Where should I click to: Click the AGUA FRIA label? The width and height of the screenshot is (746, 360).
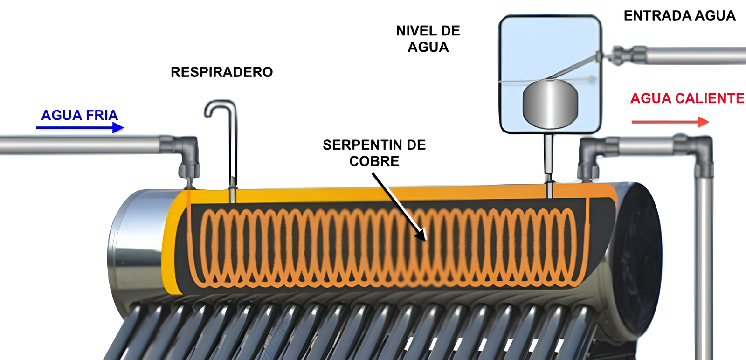[x=79, y=115]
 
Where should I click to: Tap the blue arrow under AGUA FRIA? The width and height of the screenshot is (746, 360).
[x=80, y=127]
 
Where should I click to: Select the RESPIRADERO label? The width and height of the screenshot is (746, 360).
[x=221, y=72]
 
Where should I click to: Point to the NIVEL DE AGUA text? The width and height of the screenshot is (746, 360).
[x=428, y=39]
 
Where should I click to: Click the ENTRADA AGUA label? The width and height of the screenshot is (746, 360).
[x=679, y=16]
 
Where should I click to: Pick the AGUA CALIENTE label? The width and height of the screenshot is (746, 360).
[x=687, y=98]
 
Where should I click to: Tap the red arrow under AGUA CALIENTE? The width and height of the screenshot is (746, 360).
[x=670, y=122]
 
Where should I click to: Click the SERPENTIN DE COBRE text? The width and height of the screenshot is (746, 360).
[x=374, y=153]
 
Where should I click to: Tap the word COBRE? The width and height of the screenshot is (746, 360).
[x=374, y=161]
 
